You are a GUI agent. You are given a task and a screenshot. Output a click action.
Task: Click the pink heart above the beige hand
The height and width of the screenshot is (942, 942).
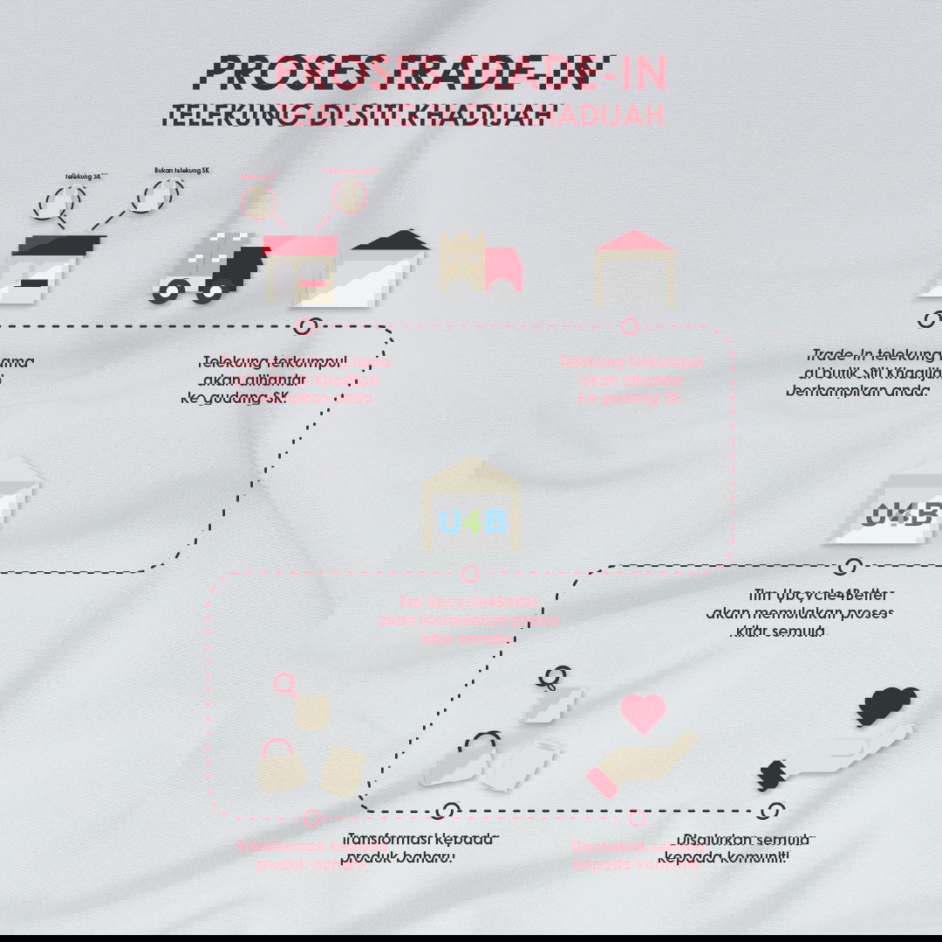(643, 712)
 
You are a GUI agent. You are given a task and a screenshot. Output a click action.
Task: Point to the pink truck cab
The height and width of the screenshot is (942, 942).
(503, 269)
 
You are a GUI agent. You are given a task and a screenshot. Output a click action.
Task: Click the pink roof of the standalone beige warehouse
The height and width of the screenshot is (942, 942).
(635, 241)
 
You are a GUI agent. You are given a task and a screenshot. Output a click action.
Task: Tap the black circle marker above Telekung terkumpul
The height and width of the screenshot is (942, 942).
(304, 326)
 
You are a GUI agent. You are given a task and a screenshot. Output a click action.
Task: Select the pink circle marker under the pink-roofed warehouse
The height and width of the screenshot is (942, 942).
(629, 326)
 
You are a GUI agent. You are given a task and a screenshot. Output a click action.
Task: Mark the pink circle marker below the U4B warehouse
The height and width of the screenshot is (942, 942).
(471, 573)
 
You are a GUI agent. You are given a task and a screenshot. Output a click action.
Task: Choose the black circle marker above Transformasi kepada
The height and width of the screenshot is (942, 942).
(448, 811)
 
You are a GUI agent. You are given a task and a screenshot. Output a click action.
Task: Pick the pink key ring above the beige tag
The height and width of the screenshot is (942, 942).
(284, 684)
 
